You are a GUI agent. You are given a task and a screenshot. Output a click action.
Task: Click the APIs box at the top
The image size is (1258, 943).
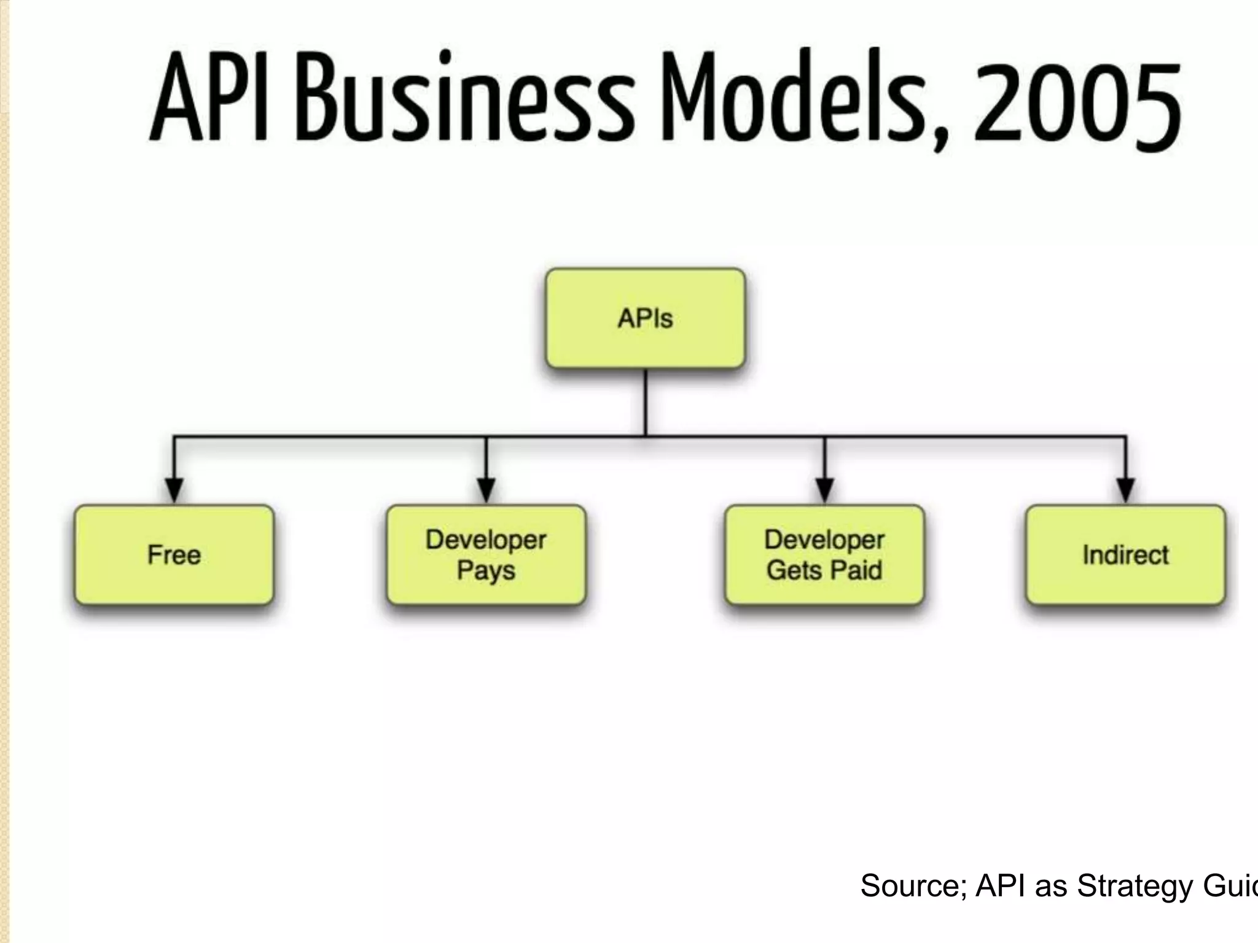pos(645,319)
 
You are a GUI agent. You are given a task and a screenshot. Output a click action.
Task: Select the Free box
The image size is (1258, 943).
pos(174,555)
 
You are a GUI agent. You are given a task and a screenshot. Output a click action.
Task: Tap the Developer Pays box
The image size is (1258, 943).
pos(486,555)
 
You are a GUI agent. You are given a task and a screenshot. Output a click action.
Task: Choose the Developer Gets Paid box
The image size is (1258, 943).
pos(824,555)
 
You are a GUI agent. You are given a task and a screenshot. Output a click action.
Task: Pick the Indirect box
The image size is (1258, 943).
pos(1125,555)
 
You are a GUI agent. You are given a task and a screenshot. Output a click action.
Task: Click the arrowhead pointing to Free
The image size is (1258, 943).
pos(174,490)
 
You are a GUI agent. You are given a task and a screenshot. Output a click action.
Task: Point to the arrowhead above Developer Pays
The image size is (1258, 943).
pos(486,490)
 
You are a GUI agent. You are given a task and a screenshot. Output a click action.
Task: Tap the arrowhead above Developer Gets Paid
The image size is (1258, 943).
pos(824,490)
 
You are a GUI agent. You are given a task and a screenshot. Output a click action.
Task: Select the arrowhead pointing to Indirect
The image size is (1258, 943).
pos(1125,490)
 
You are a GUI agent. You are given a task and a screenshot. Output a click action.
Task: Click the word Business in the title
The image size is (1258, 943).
pos(464,98)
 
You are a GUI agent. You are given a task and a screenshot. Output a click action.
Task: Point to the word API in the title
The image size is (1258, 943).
pos(209,98)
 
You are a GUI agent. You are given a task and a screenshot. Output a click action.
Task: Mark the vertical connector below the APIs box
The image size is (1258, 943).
pos(645,402)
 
